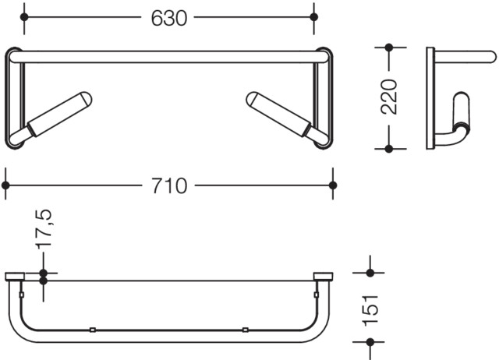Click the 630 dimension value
[x=169, y=18]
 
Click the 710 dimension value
[x=169, y=185]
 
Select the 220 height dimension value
[x=389, y=97]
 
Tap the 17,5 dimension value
[x=44, y=229]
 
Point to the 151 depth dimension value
[x=370, y=310]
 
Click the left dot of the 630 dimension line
[x=24, y=17]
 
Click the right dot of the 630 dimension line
[x=313, y=17]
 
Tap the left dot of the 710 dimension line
[x=5, y=185]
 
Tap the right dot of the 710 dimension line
[x=333, y=185]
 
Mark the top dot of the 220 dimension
[x=389, y=48]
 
